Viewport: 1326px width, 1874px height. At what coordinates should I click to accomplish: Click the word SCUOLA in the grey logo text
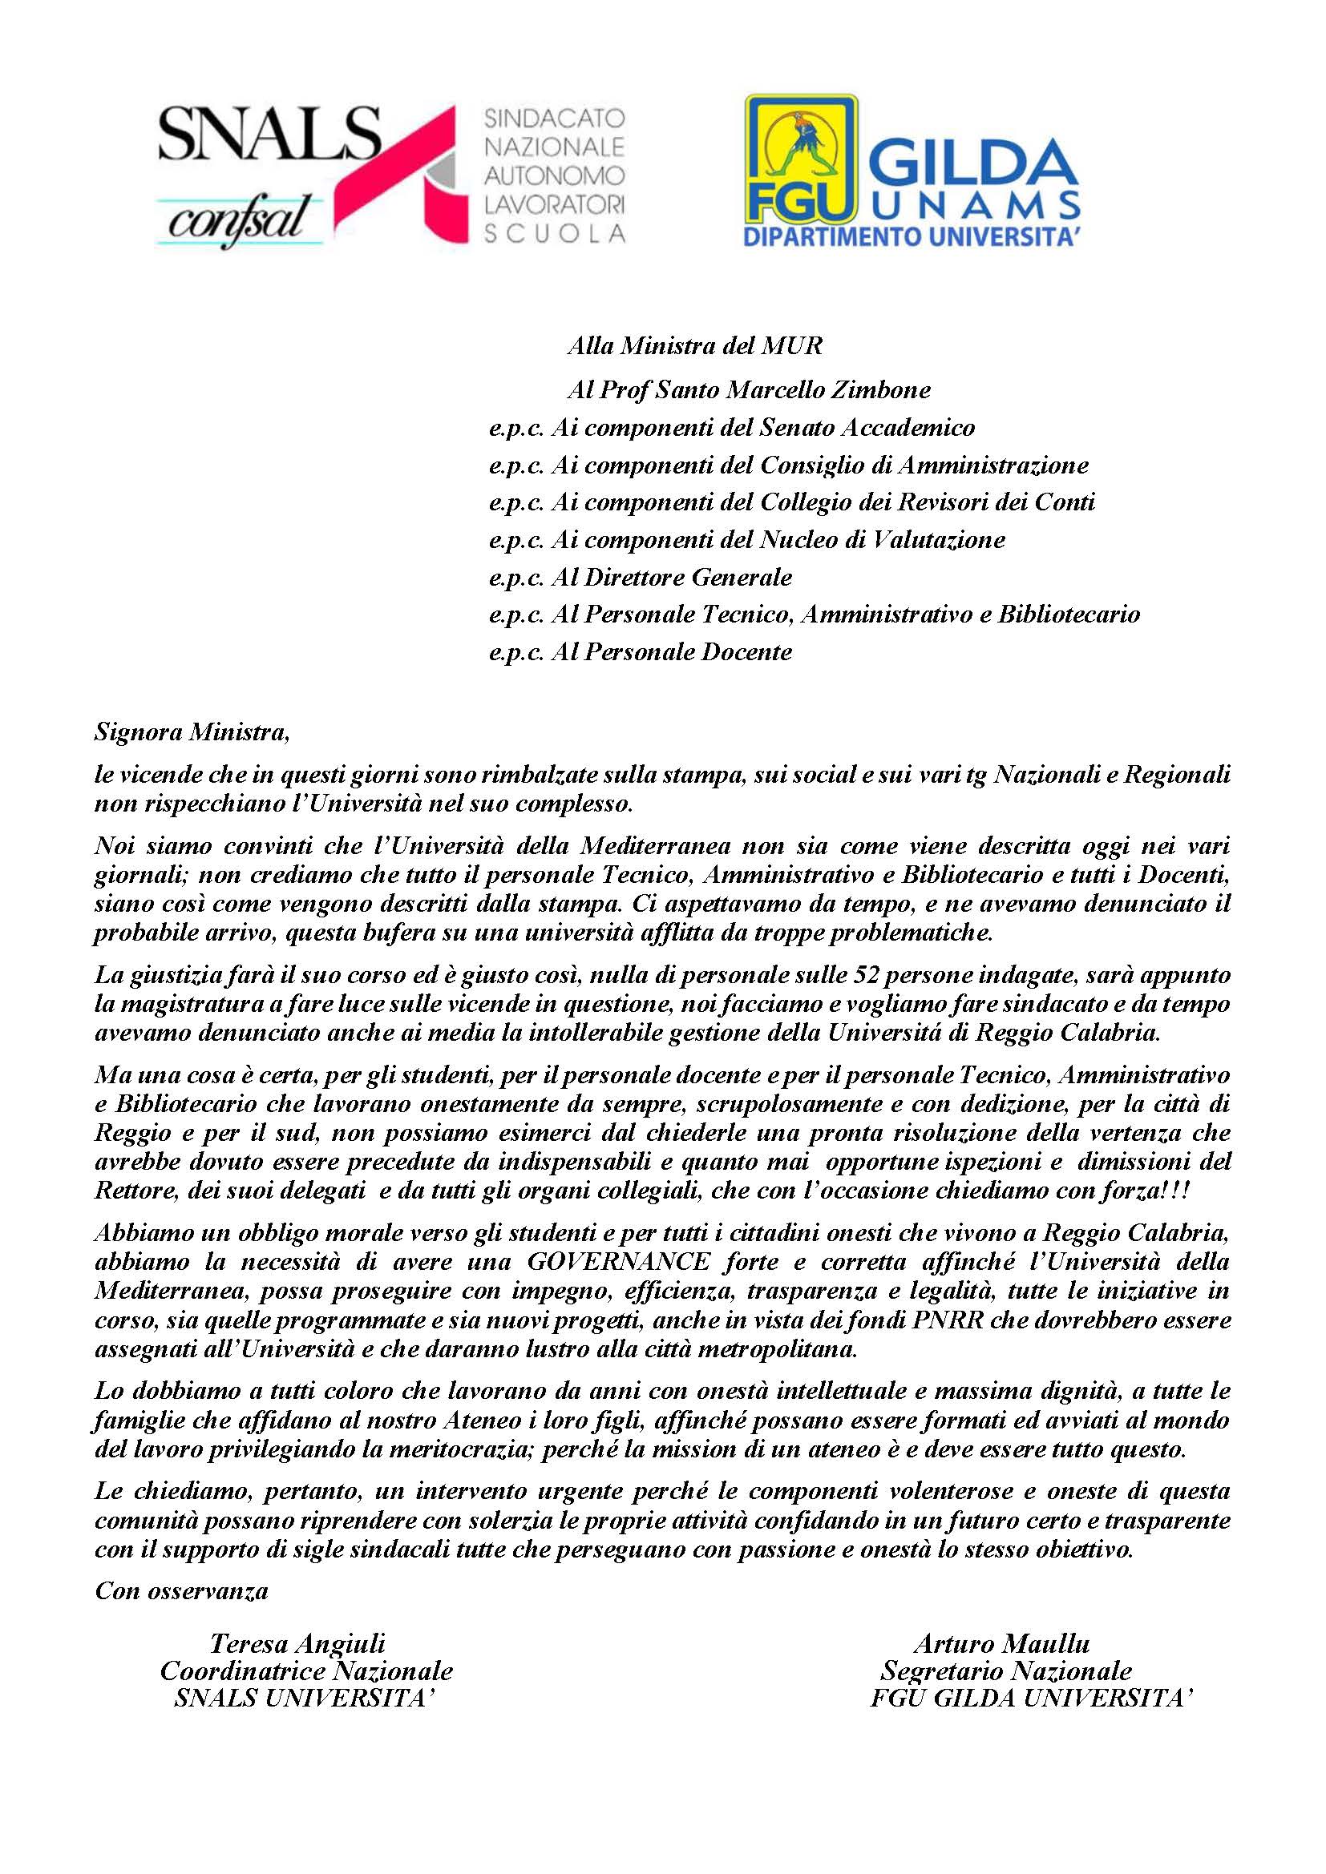(x=556, y=234)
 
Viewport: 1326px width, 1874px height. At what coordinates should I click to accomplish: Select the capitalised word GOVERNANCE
(x=619, y=1262)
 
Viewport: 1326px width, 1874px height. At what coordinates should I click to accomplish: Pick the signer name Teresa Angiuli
(x=297, y=1644)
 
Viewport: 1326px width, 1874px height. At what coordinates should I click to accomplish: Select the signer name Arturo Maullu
(x=1002, y=1644)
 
